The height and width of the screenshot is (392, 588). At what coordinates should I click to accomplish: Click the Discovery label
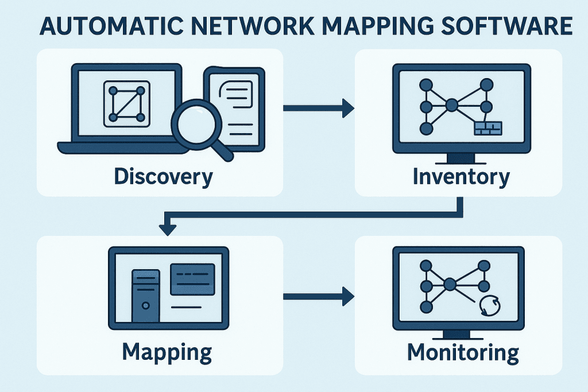[x=163, y=176]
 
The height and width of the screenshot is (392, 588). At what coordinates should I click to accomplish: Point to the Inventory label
[x=461, y=176]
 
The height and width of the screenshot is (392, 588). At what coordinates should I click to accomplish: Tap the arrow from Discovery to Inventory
[x=319, y=107]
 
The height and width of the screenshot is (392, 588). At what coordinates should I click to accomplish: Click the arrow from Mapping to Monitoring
[x=319, y=296]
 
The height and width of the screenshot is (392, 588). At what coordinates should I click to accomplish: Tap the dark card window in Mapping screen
[x=193, y=278]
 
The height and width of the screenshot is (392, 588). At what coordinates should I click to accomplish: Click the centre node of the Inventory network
[x=452, y=105]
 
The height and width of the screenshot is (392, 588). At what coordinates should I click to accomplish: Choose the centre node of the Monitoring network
[x=450, y=284]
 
